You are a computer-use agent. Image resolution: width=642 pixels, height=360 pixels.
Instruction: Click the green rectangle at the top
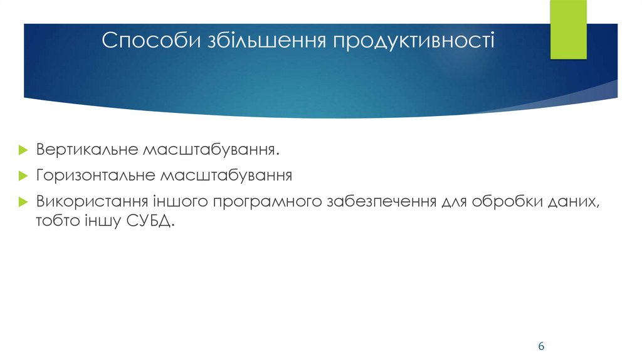(x=569, y=29)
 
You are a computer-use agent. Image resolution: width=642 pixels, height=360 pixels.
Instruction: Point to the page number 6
(x=541, y=347)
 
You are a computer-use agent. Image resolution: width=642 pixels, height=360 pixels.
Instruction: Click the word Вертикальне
(x=88, y=151)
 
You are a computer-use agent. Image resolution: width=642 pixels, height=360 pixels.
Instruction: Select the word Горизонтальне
(x=95, y=175)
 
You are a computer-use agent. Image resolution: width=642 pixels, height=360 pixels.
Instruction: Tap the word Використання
(x=92, y=203)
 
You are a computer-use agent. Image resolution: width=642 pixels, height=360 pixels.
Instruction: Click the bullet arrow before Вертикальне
(x=23, y=152)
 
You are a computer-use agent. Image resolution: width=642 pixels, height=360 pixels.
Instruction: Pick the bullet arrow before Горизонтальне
(x=23, y=176)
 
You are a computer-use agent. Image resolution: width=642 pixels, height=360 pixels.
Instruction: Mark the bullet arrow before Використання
(x=23, y=203)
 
